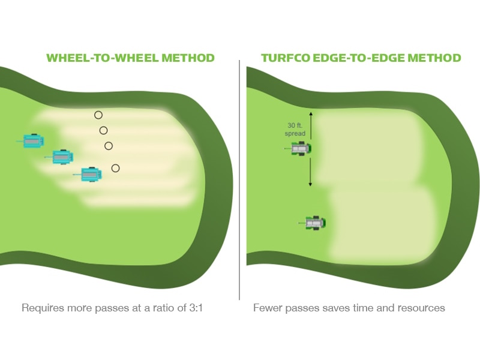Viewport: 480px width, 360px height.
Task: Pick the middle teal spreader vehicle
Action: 62,157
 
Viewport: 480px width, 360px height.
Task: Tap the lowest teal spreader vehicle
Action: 91,174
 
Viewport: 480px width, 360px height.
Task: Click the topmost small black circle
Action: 98,115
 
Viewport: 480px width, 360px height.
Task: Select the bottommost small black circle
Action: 116,168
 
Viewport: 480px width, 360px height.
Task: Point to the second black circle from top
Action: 103,130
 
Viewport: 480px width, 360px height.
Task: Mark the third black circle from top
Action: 109,146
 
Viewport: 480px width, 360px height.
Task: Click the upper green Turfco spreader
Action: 301,148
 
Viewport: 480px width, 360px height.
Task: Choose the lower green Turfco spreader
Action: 314,223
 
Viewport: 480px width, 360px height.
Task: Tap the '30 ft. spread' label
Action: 296,129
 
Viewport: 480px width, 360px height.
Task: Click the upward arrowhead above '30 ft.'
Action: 310,113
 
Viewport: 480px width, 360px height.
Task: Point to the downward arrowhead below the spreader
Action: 310,183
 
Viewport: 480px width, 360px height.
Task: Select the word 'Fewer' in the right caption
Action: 267,308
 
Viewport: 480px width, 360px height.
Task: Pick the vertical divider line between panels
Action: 239,180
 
